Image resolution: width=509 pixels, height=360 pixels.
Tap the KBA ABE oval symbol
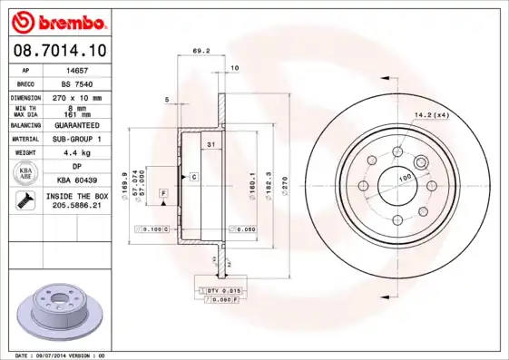[26, 174]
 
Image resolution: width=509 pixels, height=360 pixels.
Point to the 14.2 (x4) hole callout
[432, 114]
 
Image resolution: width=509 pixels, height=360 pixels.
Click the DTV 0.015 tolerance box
[220, 289]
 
